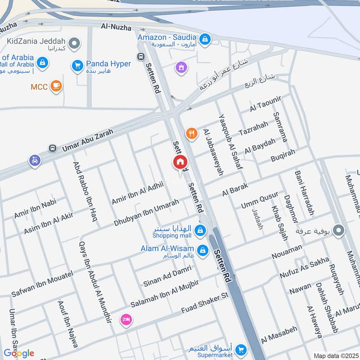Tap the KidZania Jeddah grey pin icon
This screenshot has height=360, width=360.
(75, 44)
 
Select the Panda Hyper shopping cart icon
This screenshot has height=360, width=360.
(77, 66)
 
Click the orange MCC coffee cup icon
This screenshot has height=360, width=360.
(56, 85)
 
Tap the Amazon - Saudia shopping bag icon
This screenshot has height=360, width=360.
(205, 40)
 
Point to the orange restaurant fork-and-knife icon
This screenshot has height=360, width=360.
(192, 133)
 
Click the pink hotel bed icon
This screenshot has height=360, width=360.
(126, 319)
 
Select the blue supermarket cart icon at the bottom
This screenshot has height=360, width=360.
(242, 349)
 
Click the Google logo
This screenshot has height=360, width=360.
(19, 353)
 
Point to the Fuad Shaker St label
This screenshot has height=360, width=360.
(205, 304)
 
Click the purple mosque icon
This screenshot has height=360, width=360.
(181, 68)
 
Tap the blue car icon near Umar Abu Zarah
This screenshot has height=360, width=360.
(35, 160)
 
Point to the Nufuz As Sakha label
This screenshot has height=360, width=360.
(304, 268)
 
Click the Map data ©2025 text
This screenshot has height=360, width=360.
(335, 355)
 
